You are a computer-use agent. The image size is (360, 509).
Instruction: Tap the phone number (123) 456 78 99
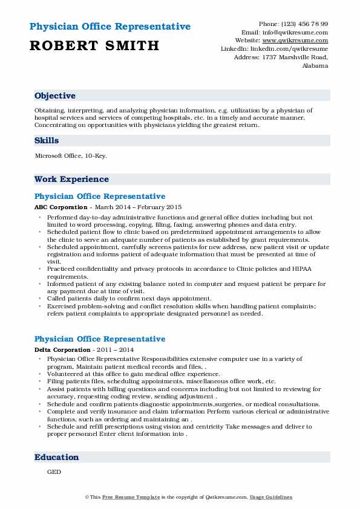pos(303,24)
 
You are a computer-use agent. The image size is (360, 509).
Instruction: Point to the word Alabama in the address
pos(315,66)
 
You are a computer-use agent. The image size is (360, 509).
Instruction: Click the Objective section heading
pos(55,96)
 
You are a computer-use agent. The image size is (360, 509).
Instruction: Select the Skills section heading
pos(47,141)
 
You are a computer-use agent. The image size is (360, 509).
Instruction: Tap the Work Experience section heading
pos(71,180)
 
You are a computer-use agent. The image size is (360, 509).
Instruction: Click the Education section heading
pos(56,458)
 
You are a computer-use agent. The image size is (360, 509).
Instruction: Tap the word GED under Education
pos(53,473)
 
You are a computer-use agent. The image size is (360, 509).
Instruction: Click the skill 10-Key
pos(98,156)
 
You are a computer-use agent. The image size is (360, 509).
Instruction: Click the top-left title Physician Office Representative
pos(110,27)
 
